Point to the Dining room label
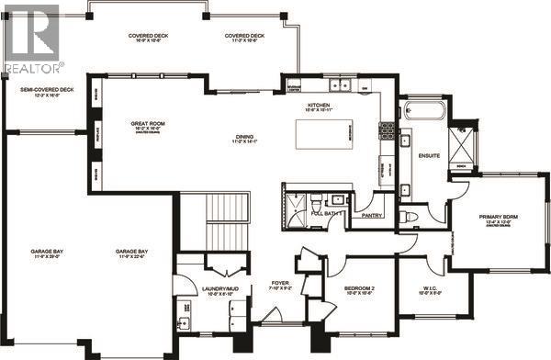click(243, 139)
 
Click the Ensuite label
click(428, 155)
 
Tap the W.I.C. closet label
click(428, 291)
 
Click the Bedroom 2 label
click(363, 290)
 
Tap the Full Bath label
click(327, 213)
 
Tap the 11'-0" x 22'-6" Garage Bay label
click(134, 253)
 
